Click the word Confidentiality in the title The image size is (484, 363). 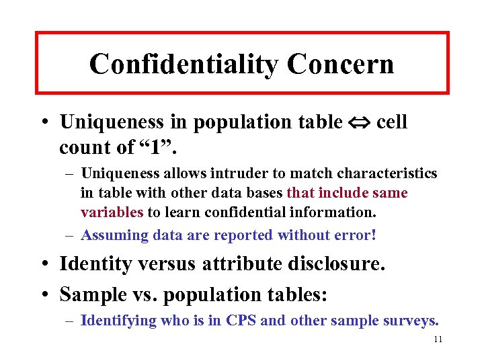click(x=183, y=65)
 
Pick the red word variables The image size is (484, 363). click(x=112, y=212)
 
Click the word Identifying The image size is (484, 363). click(x=118, y=321)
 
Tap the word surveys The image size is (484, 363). click(x=413, y=321)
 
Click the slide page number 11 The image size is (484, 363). click(x=438, y=340)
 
